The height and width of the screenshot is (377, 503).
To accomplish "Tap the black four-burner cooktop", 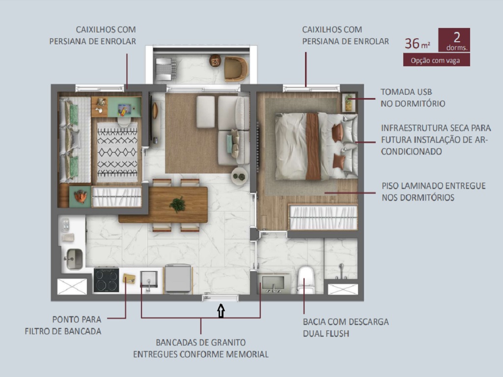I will coord(106,280).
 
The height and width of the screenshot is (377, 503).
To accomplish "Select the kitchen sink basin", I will coord(75,258).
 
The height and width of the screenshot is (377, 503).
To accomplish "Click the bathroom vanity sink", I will coord(273,283).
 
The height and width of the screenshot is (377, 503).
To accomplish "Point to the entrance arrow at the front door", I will coord(221,311).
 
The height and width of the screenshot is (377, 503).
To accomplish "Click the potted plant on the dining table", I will coord(177,204).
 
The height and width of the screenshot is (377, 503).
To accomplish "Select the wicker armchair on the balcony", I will coord(235,68).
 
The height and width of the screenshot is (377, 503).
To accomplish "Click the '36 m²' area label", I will coord(417,43).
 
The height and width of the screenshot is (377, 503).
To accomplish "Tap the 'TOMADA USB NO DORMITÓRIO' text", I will coord(413,98).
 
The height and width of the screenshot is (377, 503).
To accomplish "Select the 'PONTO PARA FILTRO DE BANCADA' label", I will coord(63,325).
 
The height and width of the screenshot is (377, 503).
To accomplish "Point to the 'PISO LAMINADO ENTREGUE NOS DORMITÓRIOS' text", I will coord(433,191).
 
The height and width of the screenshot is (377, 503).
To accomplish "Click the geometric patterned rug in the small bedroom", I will coord(117,151).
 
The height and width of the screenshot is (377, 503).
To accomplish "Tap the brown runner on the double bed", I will coord(312,146).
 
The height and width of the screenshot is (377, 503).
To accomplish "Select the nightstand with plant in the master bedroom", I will coord(349,102).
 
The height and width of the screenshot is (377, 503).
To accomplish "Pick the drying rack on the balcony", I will coord(166,67).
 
